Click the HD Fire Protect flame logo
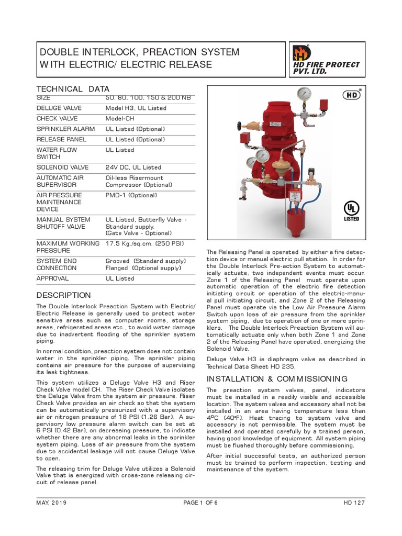pyautogui.click(x=302, y=53)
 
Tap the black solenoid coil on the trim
pyautogui.click(x=312, y=174)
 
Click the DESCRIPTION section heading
pyautogui.click(x=63, y=295)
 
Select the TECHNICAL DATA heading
pyautogui.click(x=72, y=89)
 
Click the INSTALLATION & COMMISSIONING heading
pyautogui.click(x=277, y=378)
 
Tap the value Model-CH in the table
pyautogui.click(x=120, y=118)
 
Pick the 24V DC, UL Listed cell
pyautogui.click(x=133, y=167)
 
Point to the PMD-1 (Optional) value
pyautogui.click(x=131, y=195)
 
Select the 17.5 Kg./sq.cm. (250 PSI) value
pyautogui.click(x=144, y=243)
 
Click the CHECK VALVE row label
pyautogui.click(x=56, y=118)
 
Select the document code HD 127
pyautogui.click(x=354, y=502)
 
